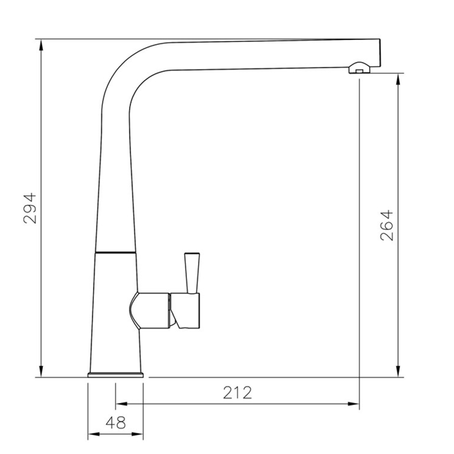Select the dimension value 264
click(x=386, y=224)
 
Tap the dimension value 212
click(x=237, y=393)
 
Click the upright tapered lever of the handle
click(x=191, y=271)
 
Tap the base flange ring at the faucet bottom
click(x=116, y=375)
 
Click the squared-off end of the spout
click(x=376, y=52)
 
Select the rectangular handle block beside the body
click(x=187, y=310)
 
